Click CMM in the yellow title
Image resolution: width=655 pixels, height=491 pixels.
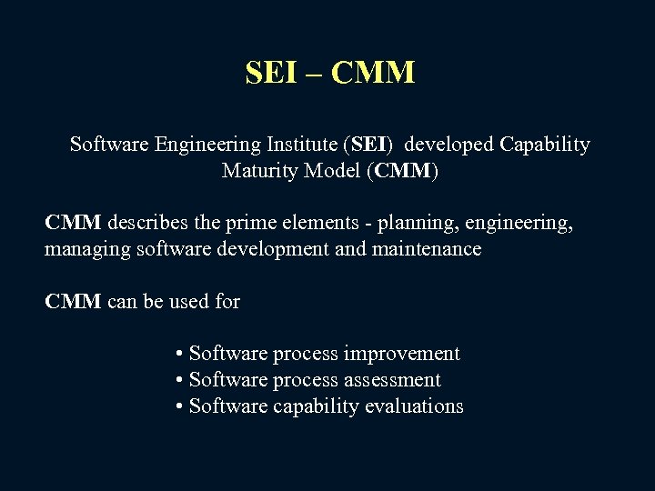tap(373, 73)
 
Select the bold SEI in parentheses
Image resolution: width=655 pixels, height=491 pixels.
tap(370, 145)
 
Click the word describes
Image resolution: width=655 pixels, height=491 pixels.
tap(148, 223)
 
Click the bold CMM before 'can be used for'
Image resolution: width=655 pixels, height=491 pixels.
tap(73, 302)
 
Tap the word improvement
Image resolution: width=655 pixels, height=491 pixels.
tap(415, 354)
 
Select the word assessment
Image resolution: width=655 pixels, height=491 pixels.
tap(396, 380)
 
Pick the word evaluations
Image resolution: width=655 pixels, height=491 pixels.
tap(414, 406)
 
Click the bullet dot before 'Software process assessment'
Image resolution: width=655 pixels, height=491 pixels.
tap(180, 380)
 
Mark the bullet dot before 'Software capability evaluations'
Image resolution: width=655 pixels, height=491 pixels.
tap(180, 406)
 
